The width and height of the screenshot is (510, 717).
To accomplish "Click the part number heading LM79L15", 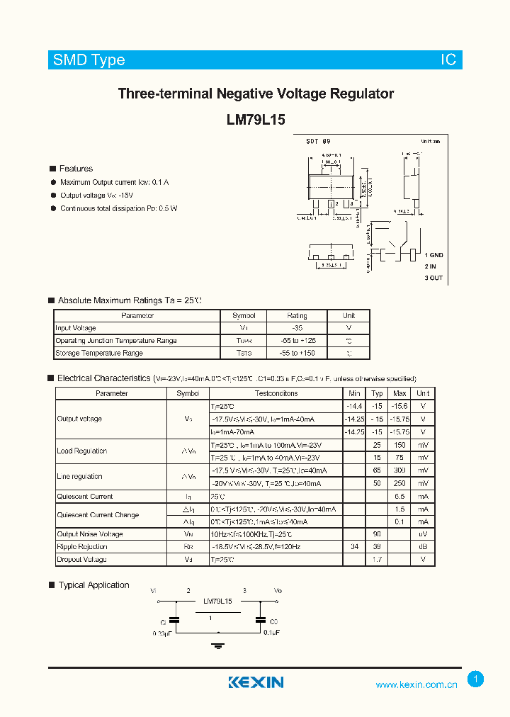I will point(256,120).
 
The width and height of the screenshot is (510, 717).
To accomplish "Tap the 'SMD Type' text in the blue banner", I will point(89,60).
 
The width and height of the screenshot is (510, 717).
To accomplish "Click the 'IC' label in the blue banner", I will point(448,60).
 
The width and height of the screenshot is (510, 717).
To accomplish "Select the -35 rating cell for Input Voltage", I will point(297,328).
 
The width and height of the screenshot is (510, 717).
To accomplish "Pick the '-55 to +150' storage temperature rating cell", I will point(297,353).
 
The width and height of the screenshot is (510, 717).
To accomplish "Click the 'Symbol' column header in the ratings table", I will point(244,315).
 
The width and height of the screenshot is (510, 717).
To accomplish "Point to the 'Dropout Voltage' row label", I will point(81,560).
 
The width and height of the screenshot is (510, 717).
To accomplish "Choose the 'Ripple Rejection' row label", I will point(82,547).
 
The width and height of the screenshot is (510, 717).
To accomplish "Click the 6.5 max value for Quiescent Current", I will point(399,497).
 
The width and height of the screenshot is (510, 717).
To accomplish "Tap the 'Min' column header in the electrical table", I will point(354,393).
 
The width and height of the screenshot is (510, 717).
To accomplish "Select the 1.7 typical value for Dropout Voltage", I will point(378,560).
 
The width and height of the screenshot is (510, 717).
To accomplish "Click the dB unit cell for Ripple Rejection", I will point(423,547).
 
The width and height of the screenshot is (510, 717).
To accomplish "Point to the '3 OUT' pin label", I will point(433,278).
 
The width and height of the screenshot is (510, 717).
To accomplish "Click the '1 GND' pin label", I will point(433,254).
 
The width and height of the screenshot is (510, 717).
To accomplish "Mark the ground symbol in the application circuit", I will point(218,645).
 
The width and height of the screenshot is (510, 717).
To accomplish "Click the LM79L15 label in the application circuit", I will point(217,602).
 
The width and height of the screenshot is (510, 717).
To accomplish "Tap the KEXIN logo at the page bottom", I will point(256,682).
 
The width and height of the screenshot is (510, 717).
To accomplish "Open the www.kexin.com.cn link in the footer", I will point(416,684).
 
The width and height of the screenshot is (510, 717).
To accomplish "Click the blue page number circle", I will point(476,679).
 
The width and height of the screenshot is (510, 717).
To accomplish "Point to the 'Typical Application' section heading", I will point(93,585).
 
